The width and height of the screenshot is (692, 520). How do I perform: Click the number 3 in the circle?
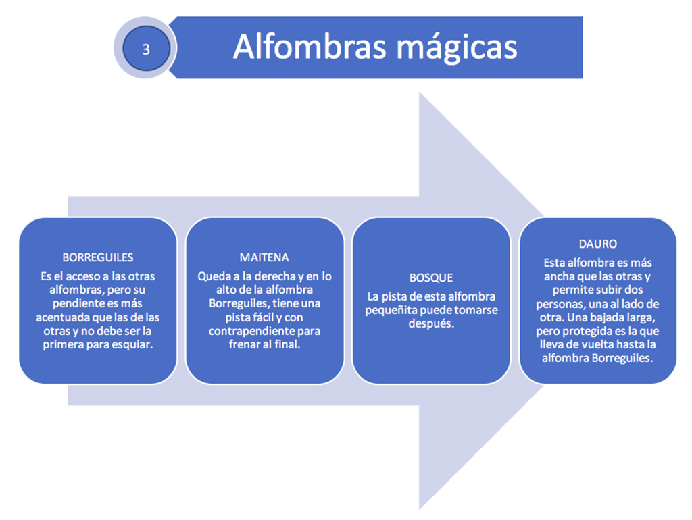point(146,49)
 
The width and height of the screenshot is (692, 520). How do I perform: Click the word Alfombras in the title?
point(310,47)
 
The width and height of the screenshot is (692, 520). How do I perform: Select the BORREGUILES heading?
point(97,257)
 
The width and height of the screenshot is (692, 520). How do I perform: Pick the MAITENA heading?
point(264,257)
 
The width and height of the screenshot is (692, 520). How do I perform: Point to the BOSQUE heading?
point(431,278)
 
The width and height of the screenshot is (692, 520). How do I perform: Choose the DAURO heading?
point(598,244)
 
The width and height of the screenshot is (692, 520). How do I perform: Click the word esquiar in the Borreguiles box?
point(132,345)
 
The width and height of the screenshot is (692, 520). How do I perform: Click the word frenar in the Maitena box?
point(244,345)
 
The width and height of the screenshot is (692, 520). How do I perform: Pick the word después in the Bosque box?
point(431,324)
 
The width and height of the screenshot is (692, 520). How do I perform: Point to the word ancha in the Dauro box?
point(558,277)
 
